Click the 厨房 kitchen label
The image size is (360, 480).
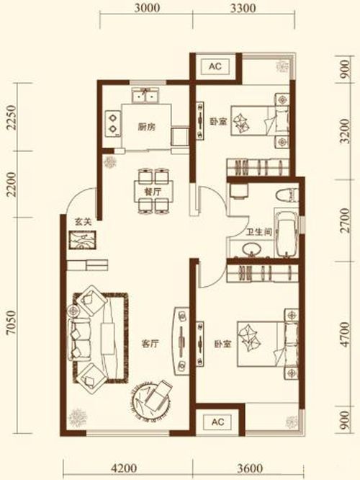(x=146, y=127)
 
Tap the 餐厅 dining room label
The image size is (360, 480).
(x=153, y=192)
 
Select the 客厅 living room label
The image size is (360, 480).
(x=150, y=344)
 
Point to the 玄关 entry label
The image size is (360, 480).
(x=84, y=222)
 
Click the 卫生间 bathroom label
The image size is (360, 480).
(x=259, y=233)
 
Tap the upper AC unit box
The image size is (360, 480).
(x=215, y=66)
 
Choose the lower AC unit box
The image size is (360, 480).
(x=217, y=422)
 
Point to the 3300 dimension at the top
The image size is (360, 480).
(x=243, y=8)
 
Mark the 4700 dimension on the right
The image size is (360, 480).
(x=345, y=334)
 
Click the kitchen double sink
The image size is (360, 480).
(x=145, y=96)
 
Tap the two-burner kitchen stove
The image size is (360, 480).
(x=112, y=123)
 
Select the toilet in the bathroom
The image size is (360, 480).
(x=287, y=195)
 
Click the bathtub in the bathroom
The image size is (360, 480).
(x=287, y=233)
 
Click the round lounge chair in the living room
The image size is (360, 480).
(x=151, y=399)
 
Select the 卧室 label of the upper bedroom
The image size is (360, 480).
(x=218, y=122)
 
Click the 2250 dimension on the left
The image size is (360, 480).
(x=11, y=117)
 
